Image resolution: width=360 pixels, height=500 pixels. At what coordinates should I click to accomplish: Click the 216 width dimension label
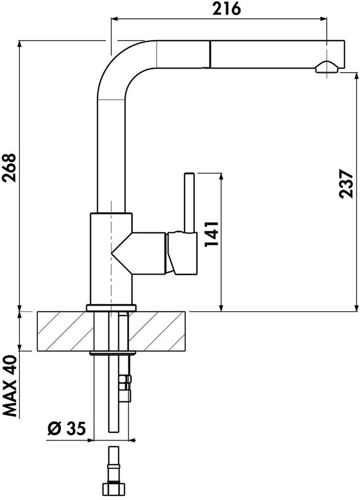coord(227,9)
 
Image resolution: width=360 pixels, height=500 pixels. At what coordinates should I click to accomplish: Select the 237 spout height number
coord(347,184)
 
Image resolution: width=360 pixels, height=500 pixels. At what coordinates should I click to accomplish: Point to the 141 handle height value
coord(211,234)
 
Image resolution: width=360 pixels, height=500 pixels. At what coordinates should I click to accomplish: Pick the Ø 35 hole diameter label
coord(67,428)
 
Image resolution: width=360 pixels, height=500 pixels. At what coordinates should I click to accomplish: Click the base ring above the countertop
coord(111,308)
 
